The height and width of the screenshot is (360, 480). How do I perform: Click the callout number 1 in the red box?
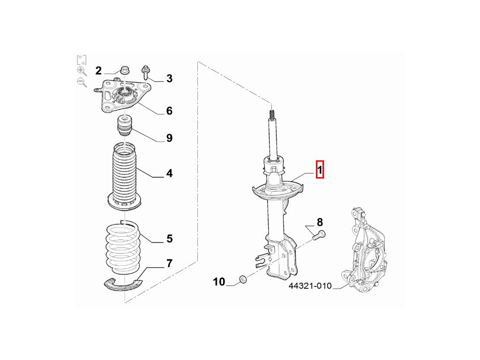coord(320,170)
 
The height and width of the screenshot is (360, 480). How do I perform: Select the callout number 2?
coord(98,71)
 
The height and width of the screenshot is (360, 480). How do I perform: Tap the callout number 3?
coord(169,78)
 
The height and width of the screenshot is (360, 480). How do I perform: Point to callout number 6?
coord(169,111)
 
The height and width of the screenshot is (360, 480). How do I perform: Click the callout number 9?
coord(169,138)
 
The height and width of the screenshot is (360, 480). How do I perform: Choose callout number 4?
coord(169,173)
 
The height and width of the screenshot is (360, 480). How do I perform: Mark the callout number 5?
coord(170,239)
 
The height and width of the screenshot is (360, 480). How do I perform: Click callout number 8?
coord(320,222)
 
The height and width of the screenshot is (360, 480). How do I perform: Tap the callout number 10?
coord(219,282)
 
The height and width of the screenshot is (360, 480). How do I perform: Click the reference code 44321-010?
coord(310,285)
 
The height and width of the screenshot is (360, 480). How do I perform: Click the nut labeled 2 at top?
coord(125,70)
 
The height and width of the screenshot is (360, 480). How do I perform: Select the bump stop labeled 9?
coord(125,126)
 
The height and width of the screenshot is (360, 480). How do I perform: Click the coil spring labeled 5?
coord(123,247)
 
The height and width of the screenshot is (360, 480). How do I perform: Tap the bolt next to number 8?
coord(319,235)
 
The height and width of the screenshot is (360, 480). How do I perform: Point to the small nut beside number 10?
coord(243,279)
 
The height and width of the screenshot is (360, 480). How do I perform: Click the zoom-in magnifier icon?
coord(82,71)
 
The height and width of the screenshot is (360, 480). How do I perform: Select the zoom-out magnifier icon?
coord(82,82)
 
